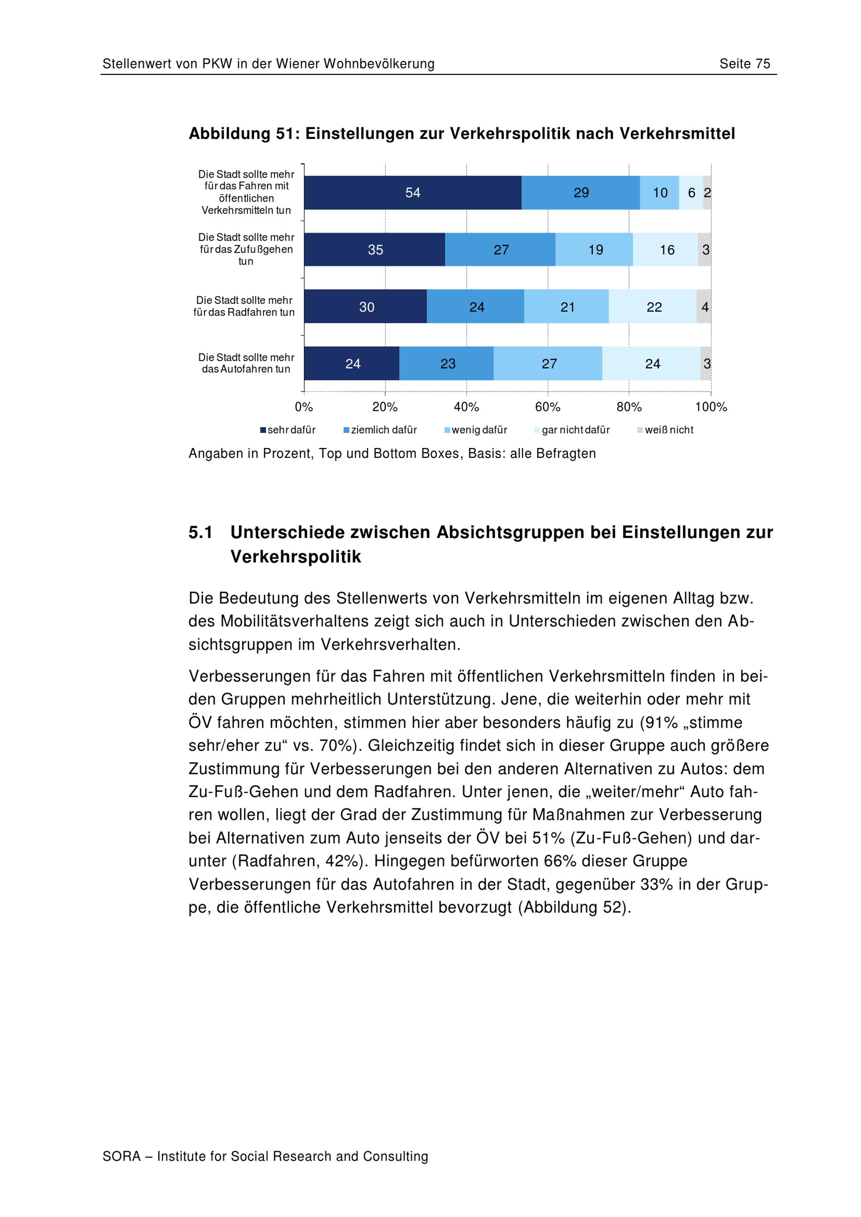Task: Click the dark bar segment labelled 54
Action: point(412,192)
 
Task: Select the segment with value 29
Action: point(581,192)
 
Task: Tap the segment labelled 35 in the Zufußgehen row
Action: point(375,249)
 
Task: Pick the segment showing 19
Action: point(595,249)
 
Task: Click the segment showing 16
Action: point(666,249)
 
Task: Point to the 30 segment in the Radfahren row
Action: point(366,306)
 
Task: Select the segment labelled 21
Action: point(567,306)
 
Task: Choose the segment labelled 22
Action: point(653,306)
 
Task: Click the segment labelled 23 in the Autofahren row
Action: point(446,363)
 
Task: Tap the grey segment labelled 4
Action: point(703,306)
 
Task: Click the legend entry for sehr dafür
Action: point(288,430)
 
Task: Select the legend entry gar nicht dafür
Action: point(572,430)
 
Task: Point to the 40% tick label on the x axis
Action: point(467,407)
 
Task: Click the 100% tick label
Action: point(711,407)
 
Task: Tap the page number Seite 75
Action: point(744,64)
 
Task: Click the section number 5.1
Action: point(201,532)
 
